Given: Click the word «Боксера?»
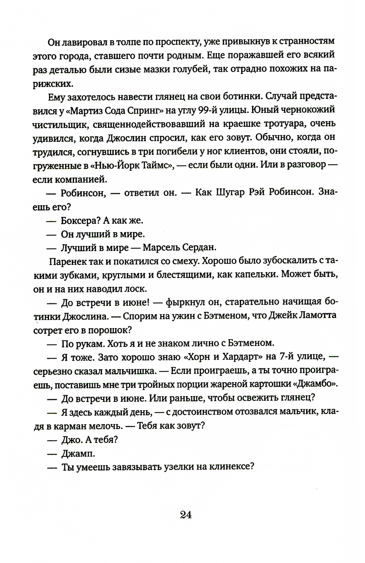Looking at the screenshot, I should point(79,221).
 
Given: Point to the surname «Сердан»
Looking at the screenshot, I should point(200,248).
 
